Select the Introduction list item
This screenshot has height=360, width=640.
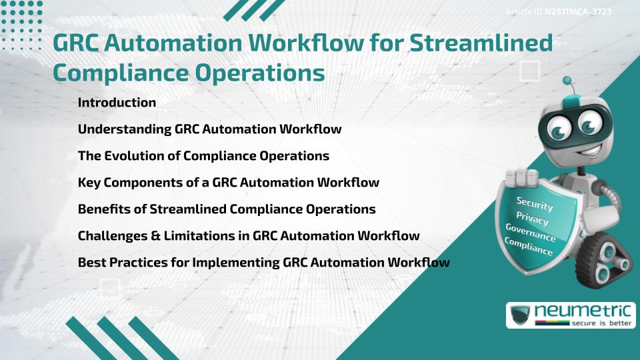coord(117,103)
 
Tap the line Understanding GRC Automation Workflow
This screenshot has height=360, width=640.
coord(209,129)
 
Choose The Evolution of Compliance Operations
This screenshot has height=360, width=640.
coord(203,156)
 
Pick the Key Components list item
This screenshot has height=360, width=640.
coord(228,183)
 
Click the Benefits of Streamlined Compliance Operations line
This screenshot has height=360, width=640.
coord(227,209)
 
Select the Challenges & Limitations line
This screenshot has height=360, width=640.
coord(249,236)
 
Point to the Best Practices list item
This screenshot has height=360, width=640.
coord(263,263)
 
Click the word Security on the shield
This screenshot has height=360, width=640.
coord(535,204)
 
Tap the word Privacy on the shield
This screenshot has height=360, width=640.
coord(532,219)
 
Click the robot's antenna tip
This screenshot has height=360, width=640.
coord(567,81)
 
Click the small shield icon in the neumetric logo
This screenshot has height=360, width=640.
coord(520,315)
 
